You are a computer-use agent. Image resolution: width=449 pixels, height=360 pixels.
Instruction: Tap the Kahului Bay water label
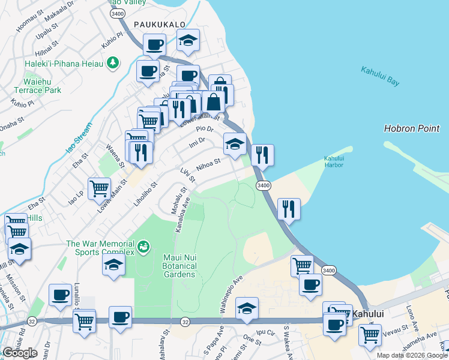pos(380,77)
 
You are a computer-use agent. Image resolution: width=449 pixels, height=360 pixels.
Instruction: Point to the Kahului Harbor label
pos(334,162)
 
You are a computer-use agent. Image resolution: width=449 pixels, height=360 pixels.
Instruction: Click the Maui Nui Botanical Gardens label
pos(180,266)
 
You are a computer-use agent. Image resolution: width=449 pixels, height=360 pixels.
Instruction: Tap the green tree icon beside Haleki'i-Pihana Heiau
pos(112,62)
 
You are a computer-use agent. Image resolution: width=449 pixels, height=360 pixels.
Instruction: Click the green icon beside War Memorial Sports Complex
pos(143,245)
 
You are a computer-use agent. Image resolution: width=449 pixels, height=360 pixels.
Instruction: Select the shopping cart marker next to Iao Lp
pos(99,188)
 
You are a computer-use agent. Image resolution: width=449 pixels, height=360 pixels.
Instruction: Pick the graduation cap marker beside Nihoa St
pos(235,143)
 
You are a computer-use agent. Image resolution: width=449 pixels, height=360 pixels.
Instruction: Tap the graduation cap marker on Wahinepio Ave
pos(247,308)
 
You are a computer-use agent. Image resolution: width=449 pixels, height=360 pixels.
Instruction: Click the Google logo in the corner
pos(20,353)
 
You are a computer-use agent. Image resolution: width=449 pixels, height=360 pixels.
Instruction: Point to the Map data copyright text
pos(412,355)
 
